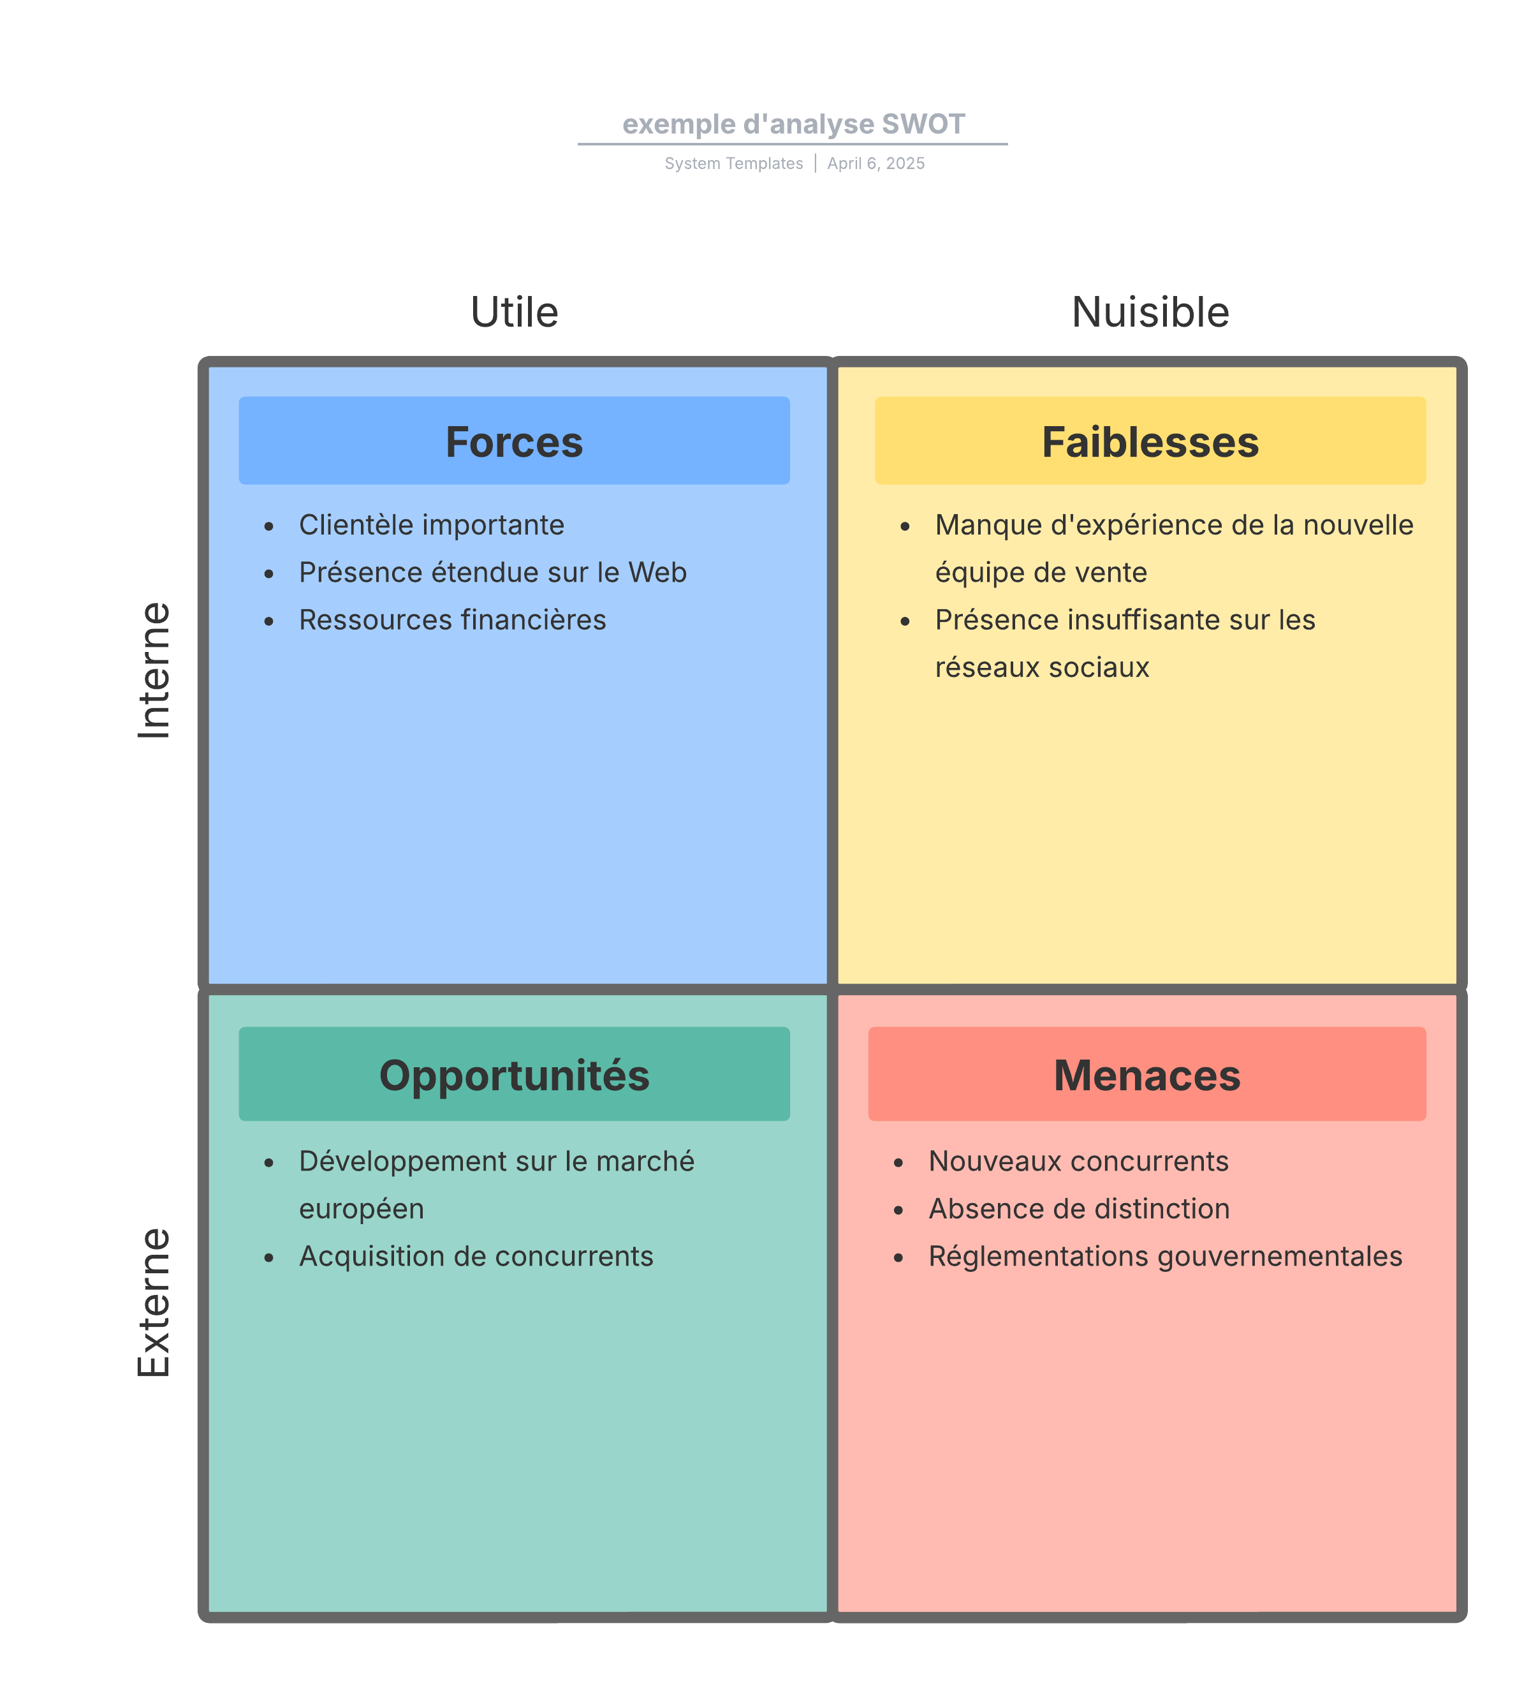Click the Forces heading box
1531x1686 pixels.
coord(513,441)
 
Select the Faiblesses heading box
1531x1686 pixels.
coord(1149,441)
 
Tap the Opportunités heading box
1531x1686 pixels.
coord(513,1074)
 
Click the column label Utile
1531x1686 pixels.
coord(513,312)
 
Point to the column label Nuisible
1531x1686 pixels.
coord(1150,312)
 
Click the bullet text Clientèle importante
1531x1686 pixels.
coord(432,525)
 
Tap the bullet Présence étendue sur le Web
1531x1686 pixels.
coord(492,573)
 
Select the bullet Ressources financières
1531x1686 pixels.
coord(452,619)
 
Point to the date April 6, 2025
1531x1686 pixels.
coord(875,164)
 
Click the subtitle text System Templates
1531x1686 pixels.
coord(733,164)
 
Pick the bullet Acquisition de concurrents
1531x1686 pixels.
coord(476,1256)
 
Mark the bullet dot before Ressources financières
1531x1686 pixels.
coord(268,621)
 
